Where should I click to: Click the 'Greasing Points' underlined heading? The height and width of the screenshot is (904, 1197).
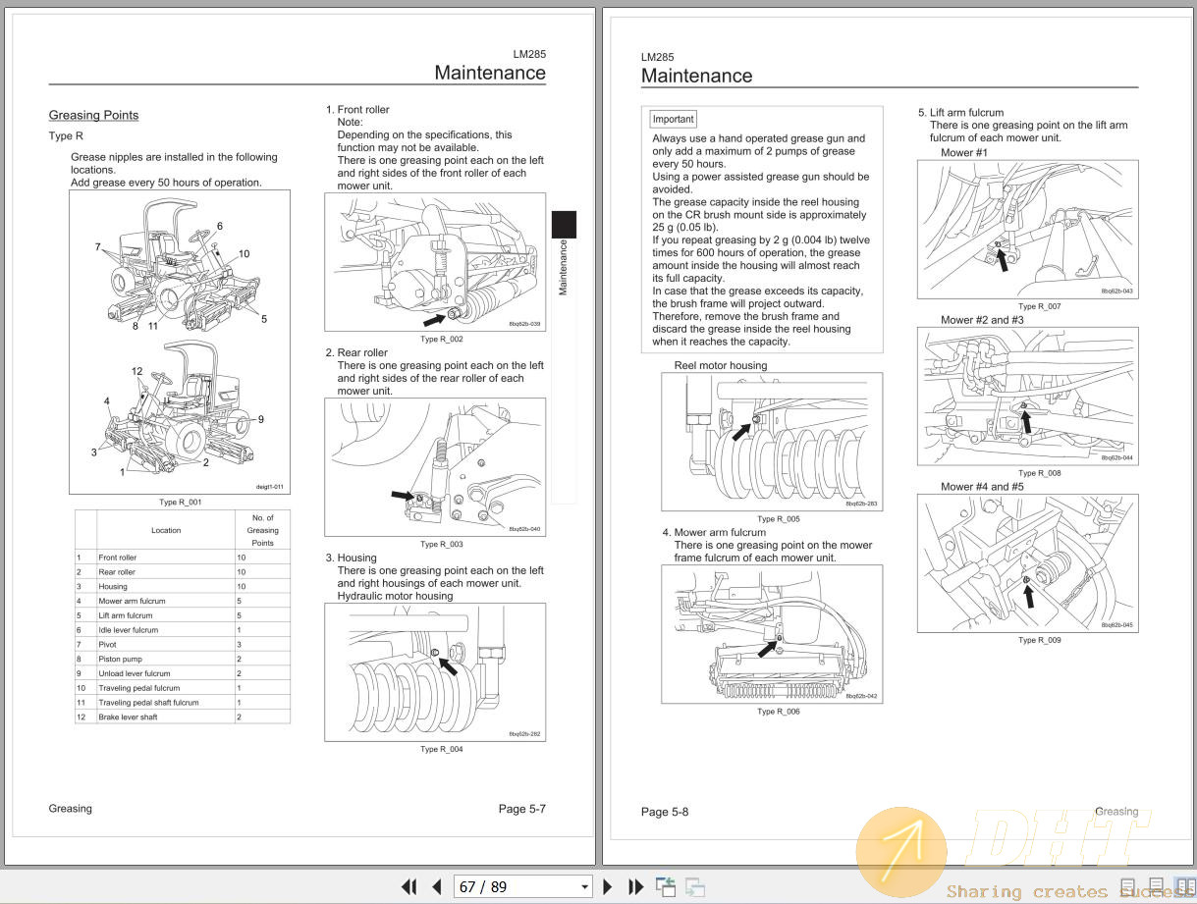(x=93, y=115)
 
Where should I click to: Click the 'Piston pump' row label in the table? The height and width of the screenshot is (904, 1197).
(x=120, y=659)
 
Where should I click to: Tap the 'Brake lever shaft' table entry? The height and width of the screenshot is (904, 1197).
(x=128, y=717)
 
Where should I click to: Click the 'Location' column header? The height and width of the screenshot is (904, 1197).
(x=165, y=530)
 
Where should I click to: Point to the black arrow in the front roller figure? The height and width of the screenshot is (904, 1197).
(x=434, y=318)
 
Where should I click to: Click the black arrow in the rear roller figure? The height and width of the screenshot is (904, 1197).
(x=402, y=497)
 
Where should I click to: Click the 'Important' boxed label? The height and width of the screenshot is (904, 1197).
(x=673, y=119)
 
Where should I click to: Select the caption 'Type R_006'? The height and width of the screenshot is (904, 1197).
(x=778, y=712)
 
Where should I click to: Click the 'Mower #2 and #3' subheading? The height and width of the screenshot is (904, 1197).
(x=982, y=320)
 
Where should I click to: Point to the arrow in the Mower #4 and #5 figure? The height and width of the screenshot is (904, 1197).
(x=1028, y=595)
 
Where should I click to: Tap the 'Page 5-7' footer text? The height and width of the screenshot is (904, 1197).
(x=521, y=809)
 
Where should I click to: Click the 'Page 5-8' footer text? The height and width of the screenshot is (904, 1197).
(x=665, y=812)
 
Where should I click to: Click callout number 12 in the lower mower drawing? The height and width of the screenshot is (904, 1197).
(x=137, y=370)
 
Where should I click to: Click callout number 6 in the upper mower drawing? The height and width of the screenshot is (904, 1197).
(x=219, y=226)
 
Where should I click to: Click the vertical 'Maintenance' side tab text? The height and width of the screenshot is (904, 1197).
(x=563, y=267)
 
